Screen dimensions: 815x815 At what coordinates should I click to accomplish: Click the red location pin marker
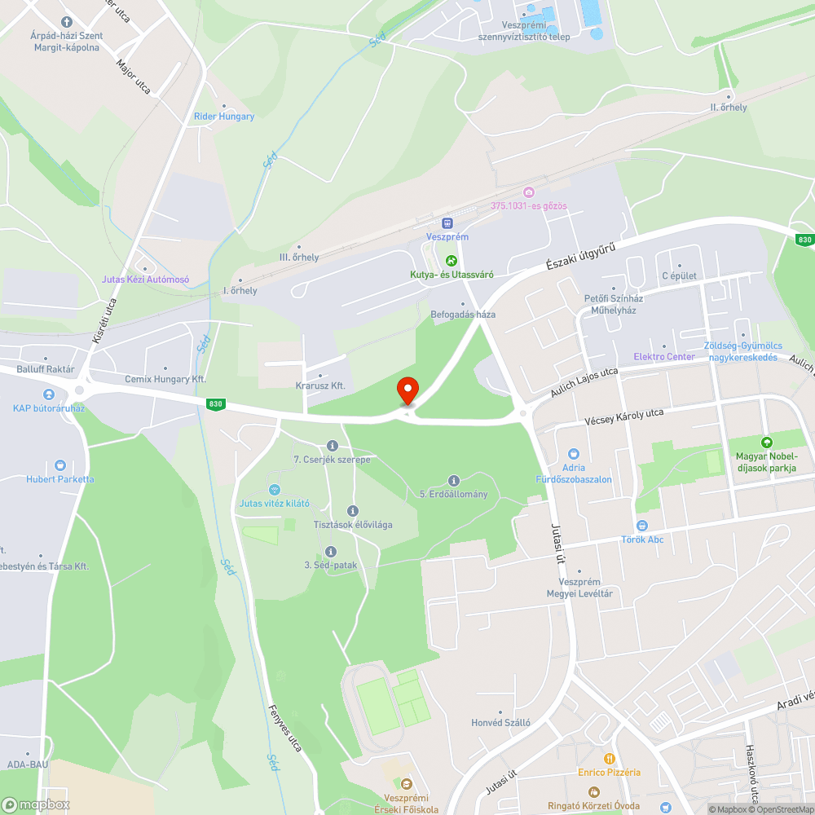coord(407,390)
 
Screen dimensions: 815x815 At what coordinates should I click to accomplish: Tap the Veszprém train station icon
coord(447,222)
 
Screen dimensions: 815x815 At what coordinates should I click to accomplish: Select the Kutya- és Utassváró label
coord(452,275)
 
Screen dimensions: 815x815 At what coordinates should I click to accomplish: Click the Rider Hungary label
coord(224,117)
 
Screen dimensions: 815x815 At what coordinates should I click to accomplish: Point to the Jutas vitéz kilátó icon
coord(274,490)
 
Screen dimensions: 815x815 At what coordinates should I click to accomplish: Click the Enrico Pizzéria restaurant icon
coord(609,759)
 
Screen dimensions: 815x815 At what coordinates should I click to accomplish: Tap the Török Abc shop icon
coord(642,526)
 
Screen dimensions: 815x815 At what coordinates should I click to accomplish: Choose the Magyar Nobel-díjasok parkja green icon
coord(765,441)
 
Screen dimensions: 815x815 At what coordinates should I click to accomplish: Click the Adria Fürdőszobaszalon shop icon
coord(573,454)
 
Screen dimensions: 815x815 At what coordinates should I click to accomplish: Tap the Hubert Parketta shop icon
coord(59,465)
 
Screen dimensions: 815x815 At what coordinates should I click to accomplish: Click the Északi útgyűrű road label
coord(579,256)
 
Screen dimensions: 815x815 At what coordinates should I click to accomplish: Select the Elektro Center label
coord(664,357)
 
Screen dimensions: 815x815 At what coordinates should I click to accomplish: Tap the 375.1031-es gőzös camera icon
coord(528,192)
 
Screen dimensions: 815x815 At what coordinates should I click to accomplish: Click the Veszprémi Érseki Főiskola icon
coord(407,783)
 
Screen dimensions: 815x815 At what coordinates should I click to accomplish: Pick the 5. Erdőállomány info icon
coord(454,481)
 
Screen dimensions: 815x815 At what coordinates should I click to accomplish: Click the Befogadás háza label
coord(463,315)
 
